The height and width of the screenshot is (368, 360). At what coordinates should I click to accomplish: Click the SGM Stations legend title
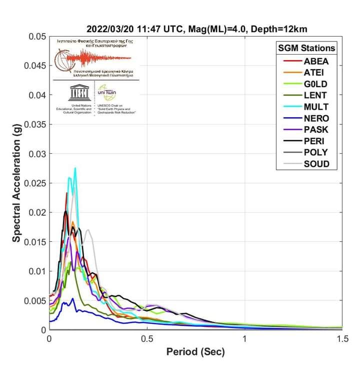coord(306,48)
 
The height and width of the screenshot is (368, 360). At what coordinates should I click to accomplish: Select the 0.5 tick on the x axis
coord(147,339)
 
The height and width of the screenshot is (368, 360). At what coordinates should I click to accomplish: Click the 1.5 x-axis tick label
coord(342,339)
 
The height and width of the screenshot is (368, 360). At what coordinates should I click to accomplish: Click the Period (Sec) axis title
coord(195,352)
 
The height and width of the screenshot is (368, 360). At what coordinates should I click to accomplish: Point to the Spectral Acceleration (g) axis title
coord(16,183)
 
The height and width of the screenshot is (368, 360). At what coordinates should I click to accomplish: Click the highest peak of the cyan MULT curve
coord(75,168)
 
